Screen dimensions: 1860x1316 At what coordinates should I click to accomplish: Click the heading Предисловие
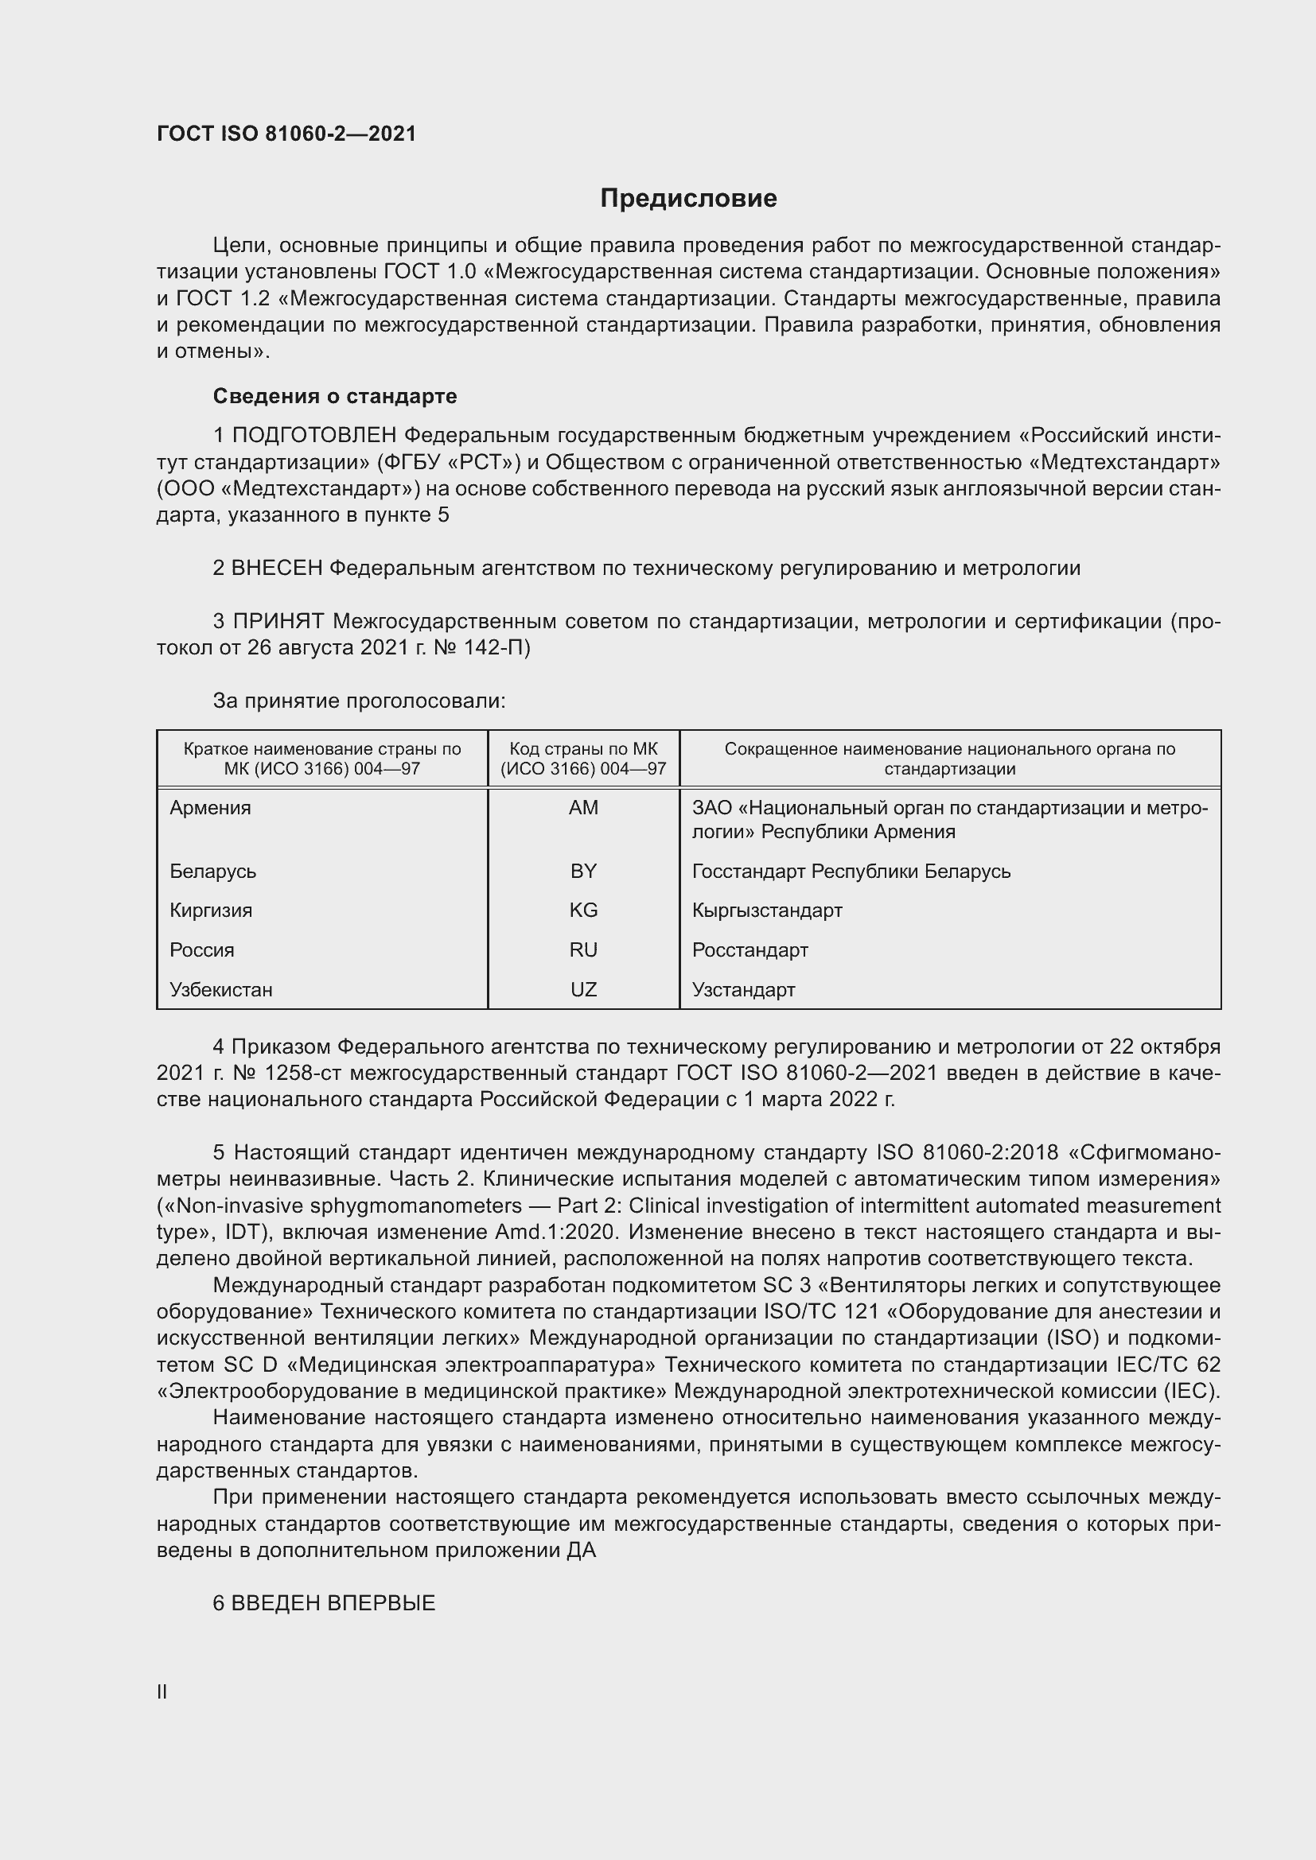coord(688,199)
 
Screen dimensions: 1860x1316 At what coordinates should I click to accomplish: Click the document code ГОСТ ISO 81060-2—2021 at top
coord(286,134)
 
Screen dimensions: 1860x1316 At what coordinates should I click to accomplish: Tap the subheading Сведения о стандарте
coord(335,396)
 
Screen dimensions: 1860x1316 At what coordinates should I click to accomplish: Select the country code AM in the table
coord(583,808)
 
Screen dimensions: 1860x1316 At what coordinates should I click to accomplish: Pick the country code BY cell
coord(583,871)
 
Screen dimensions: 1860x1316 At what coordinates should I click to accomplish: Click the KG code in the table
coord(583,910)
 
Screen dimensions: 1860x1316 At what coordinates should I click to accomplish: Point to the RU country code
coord(583,949)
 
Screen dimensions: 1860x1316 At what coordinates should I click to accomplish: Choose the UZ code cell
coord(583,989)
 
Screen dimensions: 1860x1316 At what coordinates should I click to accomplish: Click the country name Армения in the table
coord(211,808)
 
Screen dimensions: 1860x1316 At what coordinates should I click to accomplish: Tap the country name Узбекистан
coord(221,989)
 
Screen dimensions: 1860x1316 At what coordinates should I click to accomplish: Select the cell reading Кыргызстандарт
coord(766,910)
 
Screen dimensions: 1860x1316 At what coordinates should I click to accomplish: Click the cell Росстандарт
coord(749,949)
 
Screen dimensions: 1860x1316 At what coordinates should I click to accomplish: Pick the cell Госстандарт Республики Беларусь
coord(851,871)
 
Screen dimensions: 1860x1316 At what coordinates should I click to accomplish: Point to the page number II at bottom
coord(162,1691)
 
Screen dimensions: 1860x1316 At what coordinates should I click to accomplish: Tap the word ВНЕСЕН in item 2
coord(277,568)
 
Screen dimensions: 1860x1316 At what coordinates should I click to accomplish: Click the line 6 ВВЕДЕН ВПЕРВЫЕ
coord(324,1603)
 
